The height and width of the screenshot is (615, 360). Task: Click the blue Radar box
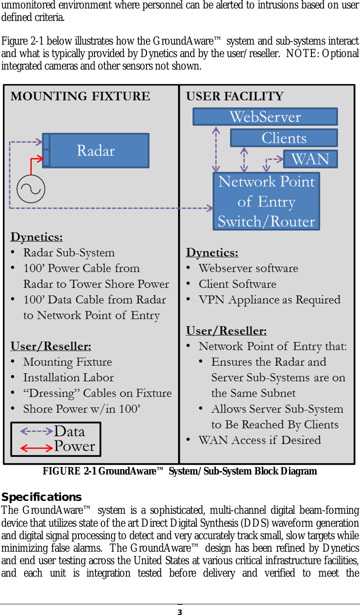[x=96, y=150]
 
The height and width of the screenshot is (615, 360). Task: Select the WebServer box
[x=265, y=117]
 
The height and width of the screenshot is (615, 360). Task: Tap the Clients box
[x=284, y=138]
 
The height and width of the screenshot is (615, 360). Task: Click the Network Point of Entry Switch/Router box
[x=266, y=201]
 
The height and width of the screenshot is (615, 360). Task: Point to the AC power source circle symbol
[x=31, y=189]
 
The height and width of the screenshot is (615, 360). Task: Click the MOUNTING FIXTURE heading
[x=80, y=96]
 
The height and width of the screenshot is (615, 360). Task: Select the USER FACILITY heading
[x=235, y=96]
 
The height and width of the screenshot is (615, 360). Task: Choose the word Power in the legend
[x=74, y=446]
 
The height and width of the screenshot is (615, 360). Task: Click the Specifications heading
[x=41, y=497]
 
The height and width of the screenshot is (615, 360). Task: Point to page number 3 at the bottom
[x=180, y=612]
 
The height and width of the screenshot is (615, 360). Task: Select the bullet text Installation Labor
[x=68, y=378]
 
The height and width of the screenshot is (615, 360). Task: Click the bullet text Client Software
[x=237, y=284]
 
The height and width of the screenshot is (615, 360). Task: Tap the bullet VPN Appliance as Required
[x=269, y=300]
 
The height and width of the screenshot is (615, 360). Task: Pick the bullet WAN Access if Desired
[x=260, y=440]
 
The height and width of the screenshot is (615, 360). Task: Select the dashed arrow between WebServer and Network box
[x=216, y=149]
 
